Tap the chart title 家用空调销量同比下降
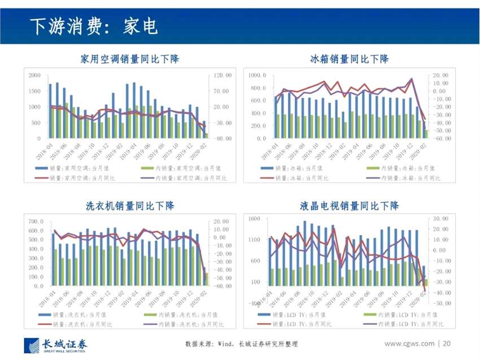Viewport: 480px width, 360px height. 129,59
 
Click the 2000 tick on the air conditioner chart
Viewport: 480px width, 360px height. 34,75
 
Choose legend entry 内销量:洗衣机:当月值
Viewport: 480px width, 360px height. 186,315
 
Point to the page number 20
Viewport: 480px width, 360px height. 447,344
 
